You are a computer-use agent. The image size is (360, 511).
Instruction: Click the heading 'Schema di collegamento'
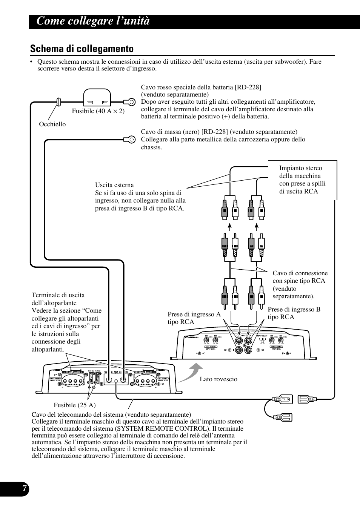(x=82, y=49)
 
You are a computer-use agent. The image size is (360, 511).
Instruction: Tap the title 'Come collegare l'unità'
(x=93, y=21)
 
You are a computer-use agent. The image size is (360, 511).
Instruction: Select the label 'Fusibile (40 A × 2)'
(x=98, y=111)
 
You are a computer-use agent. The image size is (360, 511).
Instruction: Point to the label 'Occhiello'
(x=52, y=124)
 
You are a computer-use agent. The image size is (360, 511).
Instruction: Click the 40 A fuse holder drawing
(x=97, y=97)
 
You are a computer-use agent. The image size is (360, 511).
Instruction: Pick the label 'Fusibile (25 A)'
(x=74, y=405)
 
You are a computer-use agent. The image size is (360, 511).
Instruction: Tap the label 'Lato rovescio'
(x=218, y=379)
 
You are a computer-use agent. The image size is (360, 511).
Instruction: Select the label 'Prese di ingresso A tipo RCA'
(x=194, y=318)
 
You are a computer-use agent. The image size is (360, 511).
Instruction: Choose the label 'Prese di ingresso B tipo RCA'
(x=294, y=313)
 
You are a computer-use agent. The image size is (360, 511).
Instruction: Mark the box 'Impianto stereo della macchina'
(x=302, y=180)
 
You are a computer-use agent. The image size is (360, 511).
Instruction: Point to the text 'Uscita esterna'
(x=114, y=185)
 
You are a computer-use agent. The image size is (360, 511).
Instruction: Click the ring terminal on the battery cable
(x=131, y=101)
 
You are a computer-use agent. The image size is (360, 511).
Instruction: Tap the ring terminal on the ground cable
(x=131, y=140)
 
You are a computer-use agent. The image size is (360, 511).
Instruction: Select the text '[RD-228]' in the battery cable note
(x=248, y=87)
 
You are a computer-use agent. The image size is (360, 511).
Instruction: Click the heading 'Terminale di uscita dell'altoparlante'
(x=58, y=299)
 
